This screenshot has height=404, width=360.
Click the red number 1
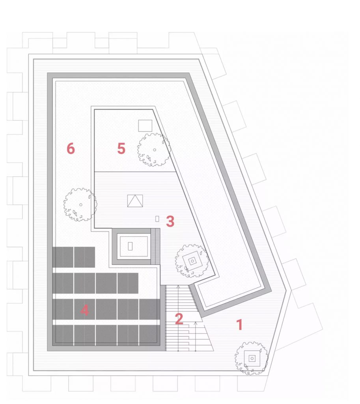pyautogui.click(x=239, y=325)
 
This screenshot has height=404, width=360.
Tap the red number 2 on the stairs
pyautogui.click(x=179, y=319)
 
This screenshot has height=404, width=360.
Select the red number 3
pyautogui.click(x=170, y=221)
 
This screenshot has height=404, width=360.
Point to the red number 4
pyautogui.click(x=84, y=310)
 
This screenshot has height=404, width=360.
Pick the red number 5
pyautogui.click(x=121, y=148)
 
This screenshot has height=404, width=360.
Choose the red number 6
pyautogui.click(x=71, y=149)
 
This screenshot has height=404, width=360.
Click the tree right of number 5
pyautogui.click(x=154, y=150)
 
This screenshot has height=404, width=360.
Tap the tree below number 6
pyautogui.click(x=80, y=205)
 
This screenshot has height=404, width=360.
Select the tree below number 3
pyautogui.click(x=192, y=261)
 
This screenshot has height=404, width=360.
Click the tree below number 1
pyautogui.click(x=251, y=358)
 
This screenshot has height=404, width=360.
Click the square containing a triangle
pyautogui.click(x=135, y=201)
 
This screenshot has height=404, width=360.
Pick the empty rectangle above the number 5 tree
pyautogui.click(x=145, y=126)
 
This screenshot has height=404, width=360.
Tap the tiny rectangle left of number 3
pyautogui.click(x=157, y=219)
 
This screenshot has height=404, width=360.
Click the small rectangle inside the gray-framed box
pyautogui.click(x=130, y=246)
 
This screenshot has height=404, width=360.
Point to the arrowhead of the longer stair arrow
pyautogui.click(x=178, y=286)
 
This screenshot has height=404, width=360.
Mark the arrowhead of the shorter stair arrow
pyautogui.click(x=196, y=322)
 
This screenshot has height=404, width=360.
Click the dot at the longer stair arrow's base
pyautogui.click(x=178, y=351)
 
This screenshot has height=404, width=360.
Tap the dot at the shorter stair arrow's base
pyautogui.click(x=196, y=351)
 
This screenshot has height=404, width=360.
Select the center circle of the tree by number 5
pyautogui.click(x=155, y=150)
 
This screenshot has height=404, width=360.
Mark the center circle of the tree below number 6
pyautogui.click(x=81, y=205)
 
